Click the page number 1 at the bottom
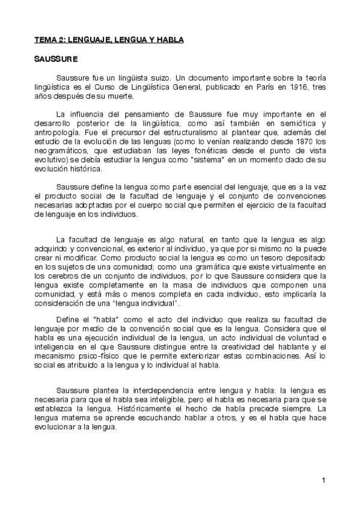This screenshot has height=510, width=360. [323, 479]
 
